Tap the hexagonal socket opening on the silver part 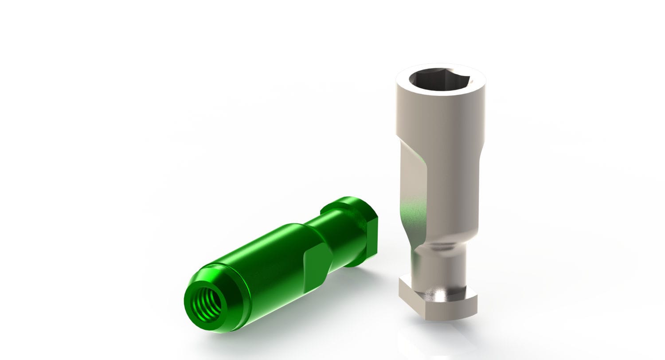pos(438,80)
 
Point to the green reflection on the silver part pos(410,217)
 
